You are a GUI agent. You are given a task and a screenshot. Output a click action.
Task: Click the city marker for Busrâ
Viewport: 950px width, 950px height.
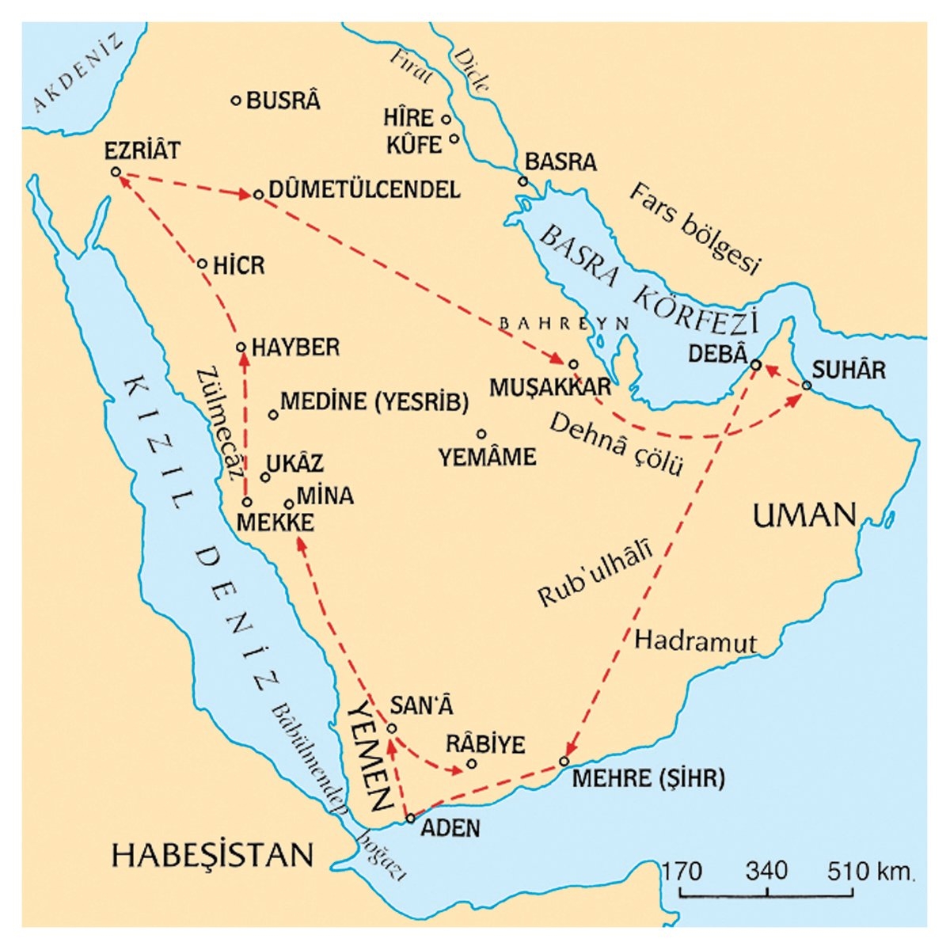(235, 101)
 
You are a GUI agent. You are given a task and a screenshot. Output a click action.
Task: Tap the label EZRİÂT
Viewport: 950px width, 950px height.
(142, 150)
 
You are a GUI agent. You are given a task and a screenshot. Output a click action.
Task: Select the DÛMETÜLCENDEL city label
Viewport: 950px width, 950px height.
(364, 191)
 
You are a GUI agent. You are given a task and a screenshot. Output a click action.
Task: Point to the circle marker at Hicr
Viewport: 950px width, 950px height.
(201, 264)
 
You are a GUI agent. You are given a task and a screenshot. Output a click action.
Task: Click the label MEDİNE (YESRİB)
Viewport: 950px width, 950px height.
(374, 402)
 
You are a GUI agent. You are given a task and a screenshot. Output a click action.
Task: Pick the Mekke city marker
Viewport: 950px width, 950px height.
(247, 502)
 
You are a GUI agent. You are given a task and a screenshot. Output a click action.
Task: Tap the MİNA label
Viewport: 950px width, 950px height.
(325, 496)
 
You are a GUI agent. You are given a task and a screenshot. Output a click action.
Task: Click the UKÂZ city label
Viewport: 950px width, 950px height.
(294, 464)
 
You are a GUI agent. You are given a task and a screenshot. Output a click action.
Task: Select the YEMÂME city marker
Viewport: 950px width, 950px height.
(481, 434)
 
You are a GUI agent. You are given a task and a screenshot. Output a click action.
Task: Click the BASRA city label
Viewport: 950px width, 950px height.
(560, 162)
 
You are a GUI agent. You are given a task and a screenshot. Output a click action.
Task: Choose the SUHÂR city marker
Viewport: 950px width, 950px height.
(807, 386)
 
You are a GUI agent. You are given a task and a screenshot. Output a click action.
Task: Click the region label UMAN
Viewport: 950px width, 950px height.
(804, 516)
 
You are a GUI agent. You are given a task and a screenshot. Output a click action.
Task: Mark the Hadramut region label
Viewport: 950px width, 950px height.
(696, 641)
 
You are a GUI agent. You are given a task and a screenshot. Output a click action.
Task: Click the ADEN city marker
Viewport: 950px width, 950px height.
(410, 819)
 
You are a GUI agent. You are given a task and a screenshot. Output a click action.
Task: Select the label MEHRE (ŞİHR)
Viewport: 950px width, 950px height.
(648, 778)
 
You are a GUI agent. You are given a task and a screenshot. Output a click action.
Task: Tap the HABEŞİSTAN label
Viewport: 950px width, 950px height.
(212, 855)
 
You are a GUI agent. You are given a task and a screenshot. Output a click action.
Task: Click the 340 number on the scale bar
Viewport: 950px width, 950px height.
(766, 872)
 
